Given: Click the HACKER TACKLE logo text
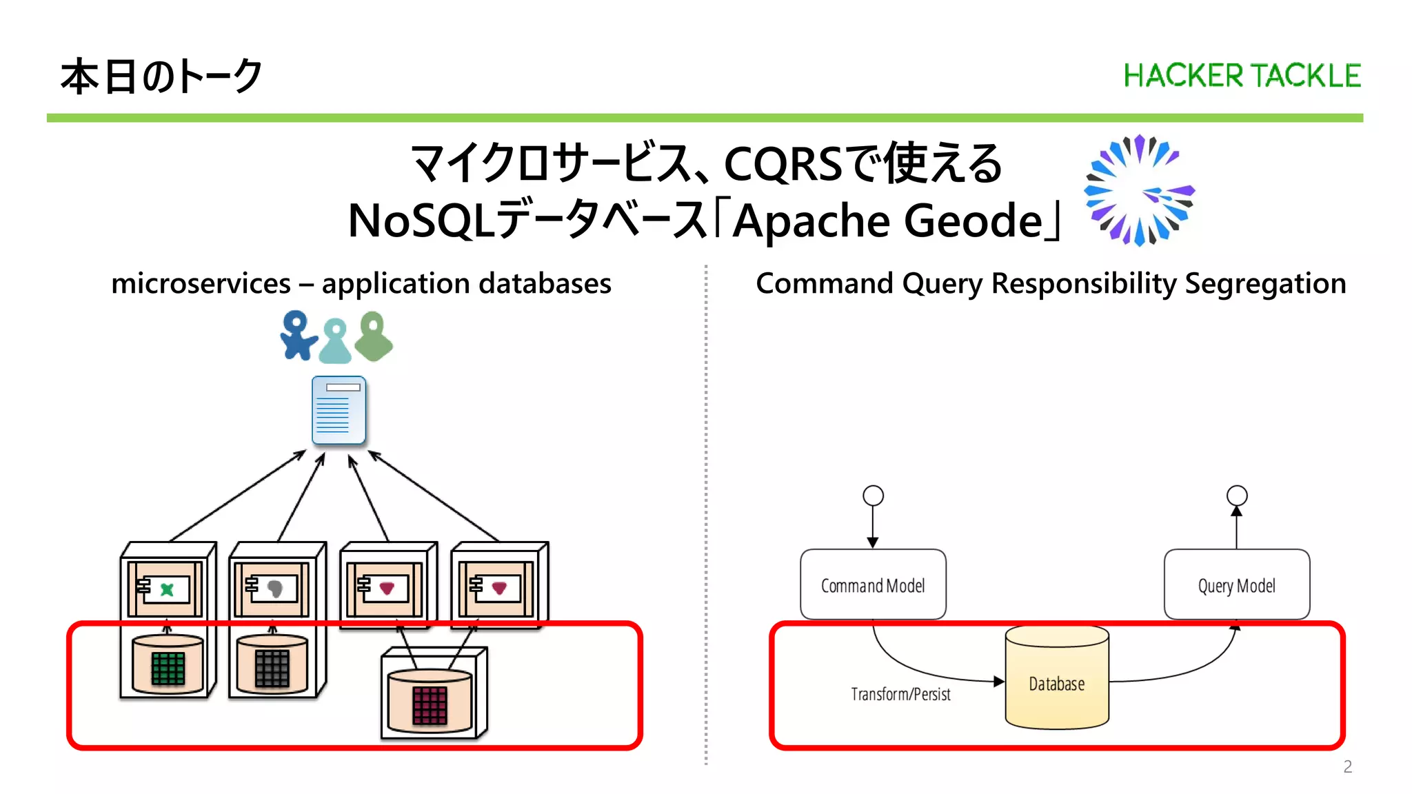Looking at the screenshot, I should (x=1242, y=76).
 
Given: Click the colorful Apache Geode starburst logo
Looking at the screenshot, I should (x=1138, y=191).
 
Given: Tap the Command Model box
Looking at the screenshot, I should (x=873, y=584).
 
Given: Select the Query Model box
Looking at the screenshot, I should (x=1236, y=584).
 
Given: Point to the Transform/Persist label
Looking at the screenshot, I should (x=900, y=694).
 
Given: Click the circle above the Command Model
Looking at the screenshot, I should (x=873, y=496).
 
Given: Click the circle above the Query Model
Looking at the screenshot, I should (x=1237, y=496).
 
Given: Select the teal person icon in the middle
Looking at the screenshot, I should (x=336, y=341).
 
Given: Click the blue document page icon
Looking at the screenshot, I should (x=339, y=410).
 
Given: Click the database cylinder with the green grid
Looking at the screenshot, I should (x=168, y=664).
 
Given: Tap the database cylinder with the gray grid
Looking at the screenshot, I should (x=272, y=664).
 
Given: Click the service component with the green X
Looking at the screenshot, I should (x=165, y=589).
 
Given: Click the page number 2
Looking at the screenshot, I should (x=1347, y=766).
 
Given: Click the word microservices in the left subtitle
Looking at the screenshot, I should (x=201, y=284).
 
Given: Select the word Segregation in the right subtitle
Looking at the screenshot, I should (x=1265, y=284).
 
